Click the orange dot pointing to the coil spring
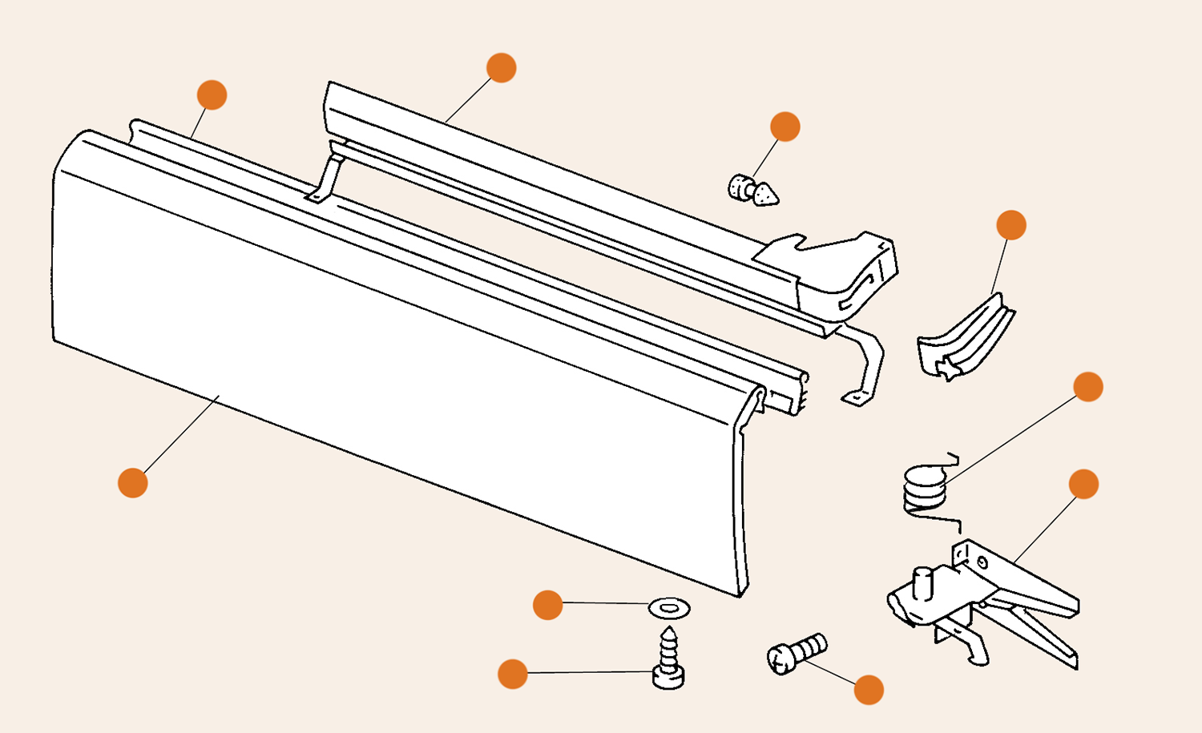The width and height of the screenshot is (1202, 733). coord(1087,387)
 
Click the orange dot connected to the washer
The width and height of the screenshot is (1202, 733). coord(547,605)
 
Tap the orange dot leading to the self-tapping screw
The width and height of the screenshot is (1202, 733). coord(513,674)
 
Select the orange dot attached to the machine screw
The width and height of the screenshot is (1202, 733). coord(869,690)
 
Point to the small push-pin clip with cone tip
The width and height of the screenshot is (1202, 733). coord(753,191)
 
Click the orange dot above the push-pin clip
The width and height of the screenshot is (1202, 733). coord(785,127)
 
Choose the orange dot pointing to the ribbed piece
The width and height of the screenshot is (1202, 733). coord(1011,225)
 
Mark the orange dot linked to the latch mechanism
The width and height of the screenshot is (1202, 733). coord(1083,484)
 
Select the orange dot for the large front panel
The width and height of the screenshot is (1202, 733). coord(133,483)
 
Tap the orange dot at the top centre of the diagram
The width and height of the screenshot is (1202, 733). coord(501,68)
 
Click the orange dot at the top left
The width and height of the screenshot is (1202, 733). coord(212,95)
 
